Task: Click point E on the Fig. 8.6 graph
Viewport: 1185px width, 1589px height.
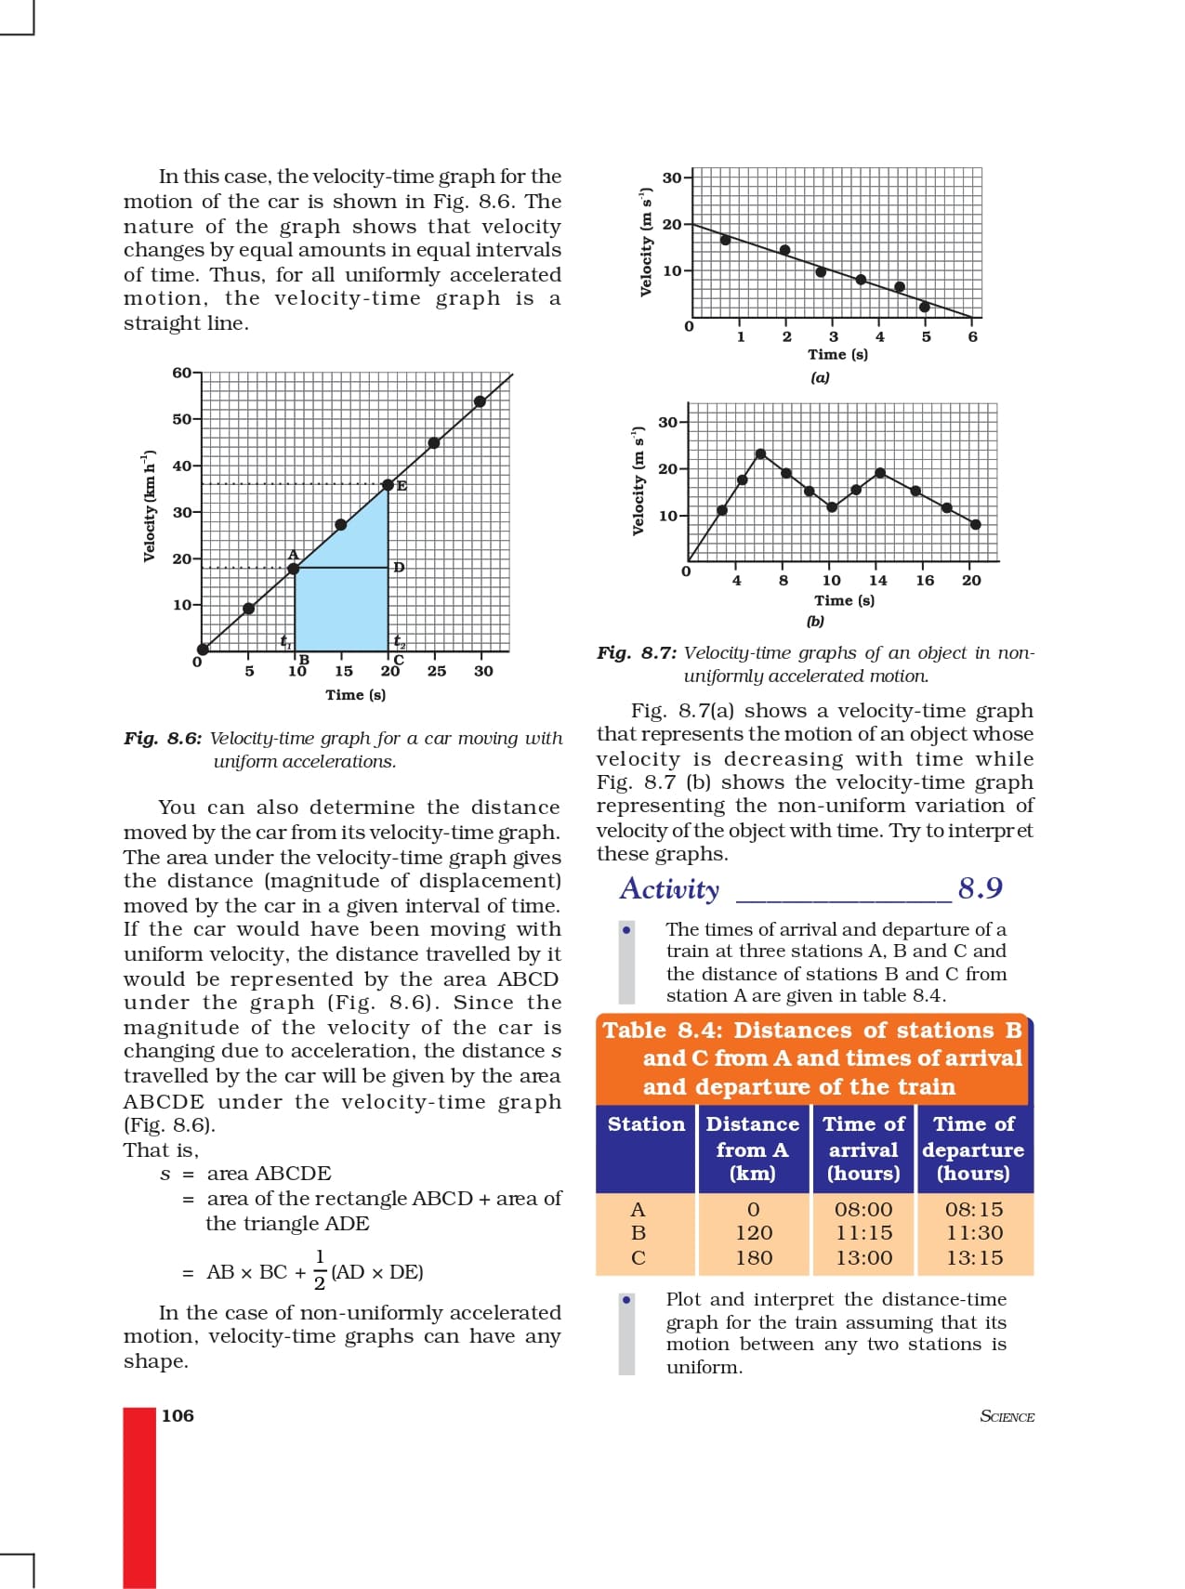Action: click(x=388, y=485)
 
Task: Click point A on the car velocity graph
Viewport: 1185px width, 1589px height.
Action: click(x=294, y=568)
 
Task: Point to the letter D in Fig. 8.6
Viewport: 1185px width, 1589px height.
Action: click(x=399, y=567)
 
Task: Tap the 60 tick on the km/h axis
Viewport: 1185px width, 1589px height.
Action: click(x=182, y=373)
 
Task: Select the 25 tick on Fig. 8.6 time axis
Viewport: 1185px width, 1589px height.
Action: click(x=437, y=671)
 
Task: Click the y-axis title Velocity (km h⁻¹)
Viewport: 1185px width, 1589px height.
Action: click(x=149, y=506)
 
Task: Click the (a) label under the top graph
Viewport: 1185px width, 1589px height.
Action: click(x=819, y=377)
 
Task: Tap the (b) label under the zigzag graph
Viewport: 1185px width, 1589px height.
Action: click(x=815, y=621)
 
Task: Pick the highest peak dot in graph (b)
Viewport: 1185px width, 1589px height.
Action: click(x=760, y=454)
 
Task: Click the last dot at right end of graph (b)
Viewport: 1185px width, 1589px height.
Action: click(x=975, y=524)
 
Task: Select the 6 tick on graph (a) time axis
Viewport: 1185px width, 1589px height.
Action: click(x=972, y=336)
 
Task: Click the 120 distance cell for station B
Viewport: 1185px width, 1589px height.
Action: click(x=753, y=1233)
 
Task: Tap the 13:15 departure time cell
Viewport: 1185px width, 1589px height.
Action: click(x=973, y=1257)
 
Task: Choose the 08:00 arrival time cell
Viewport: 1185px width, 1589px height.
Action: click(x=862, y=1209)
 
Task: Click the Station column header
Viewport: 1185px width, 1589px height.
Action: click(x=646, y=1124)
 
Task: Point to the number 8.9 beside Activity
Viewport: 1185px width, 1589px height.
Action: click(x=980, y=888)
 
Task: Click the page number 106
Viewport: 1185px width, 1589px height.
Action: click(x=178, y=1415)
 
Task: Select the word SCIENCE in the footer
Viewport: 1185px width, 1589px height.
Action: click(x=1007, y=1416)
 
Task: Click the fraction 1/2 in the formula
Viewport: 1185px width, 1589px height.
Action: click(x=319, y=1271)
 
